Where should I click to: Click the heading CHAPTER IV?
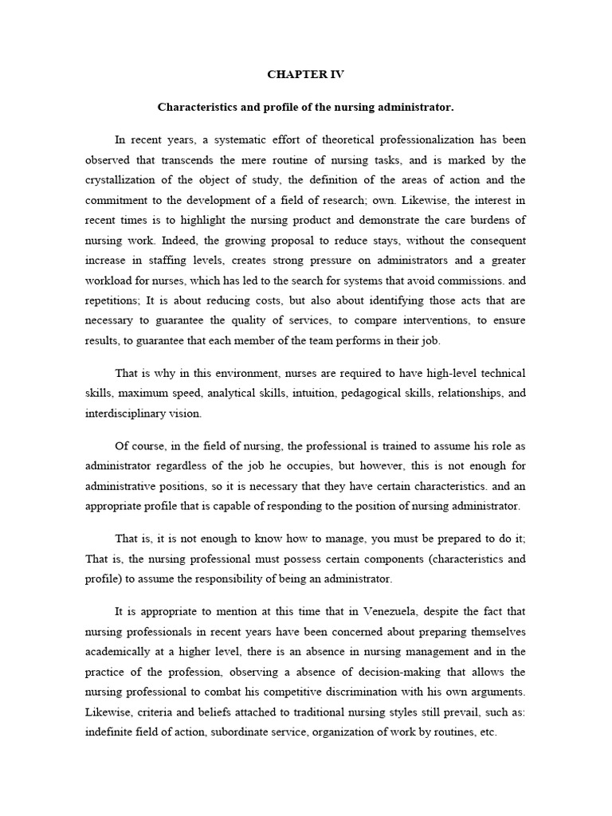coord(305,74)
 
